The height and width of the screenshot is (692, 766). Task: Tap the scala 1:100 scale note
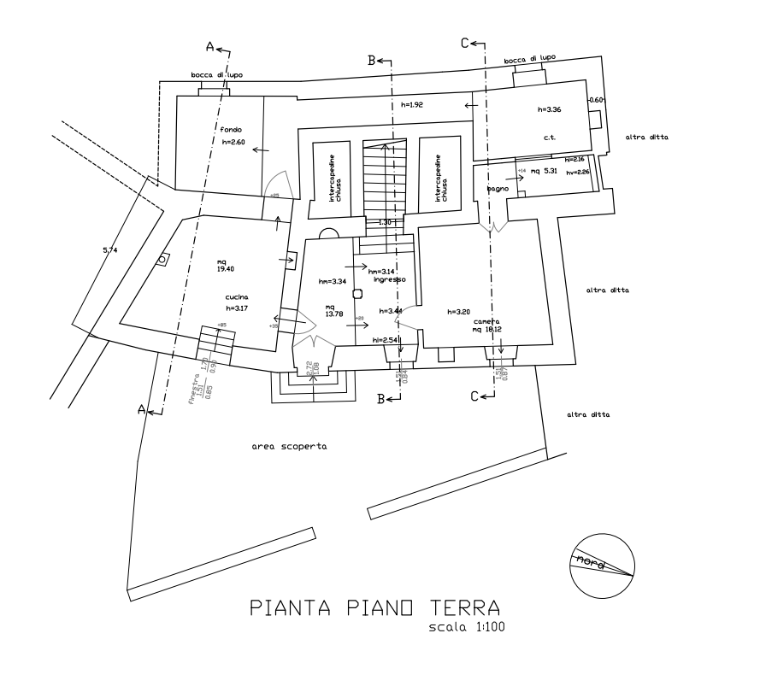[468, 628]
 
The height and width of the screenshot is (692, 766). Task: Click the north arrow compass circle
[603, 564]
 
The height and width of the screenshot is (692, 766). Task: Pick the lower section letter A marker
[142, 410]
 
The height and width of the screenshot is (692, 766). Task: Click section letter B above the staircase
[372, 61]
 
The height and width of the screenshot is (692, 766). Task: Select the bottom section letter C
[475, 396]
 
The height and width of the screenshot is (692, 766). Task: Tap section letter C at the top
[464, 42]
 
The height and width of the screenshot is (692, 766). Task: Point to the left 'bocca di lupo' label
[216, 76]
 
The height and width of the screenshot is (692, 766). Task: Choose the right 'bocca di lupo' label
[530, 59]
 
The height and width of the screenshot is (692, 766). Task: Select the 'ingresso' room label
[386, 279]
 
